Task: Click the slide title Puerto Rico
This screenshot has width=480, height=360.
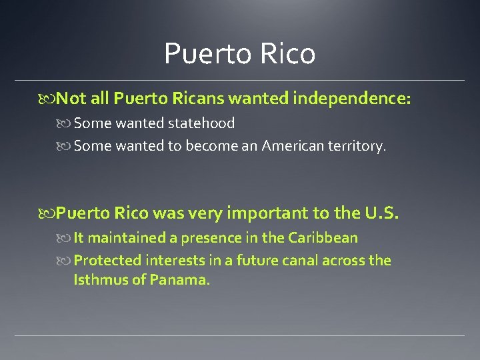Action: coord(239,53)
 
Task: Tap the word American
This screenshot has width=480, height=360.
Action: coord(293,145)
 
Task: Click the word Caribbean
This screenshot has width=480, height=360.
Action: coord(323,237)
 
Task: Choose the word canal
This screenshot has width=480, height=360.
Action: coord(305,260)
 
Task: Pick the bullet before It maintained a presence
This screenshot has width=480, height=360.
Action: coord(65,238)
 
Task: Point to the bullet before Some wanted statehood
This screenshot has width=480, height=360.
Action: coord(65,123)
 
